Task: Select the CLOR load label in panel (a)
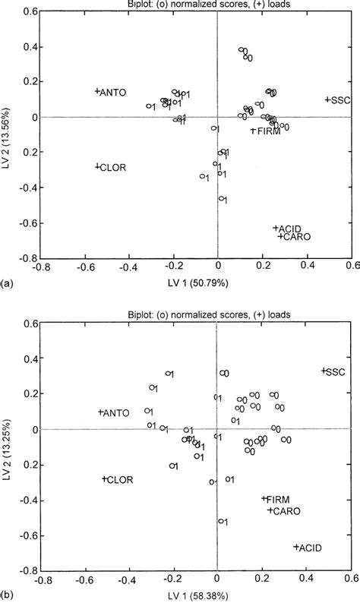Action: click(112, 167)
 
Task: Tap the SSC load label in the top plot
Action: click(339, 99)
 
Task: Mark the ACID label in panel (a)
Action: click(290, 228)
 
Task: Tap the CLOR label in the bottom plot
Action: click(118, 480)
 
